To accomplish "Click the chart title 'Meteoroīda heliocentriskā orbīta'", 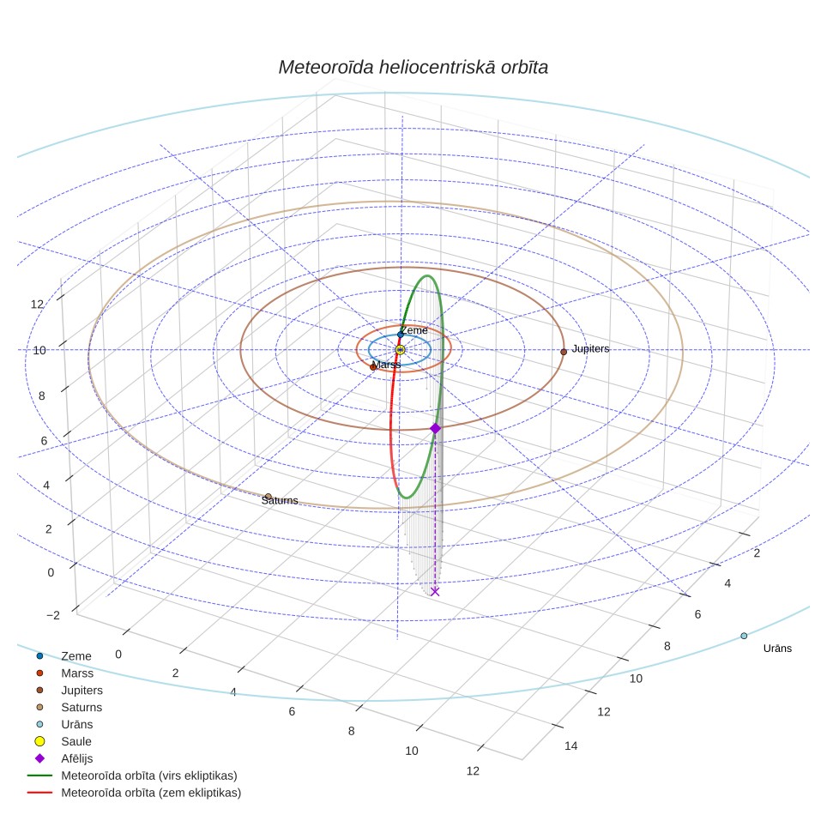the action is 413,68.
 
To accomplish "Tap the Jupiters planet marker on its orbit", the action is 564,352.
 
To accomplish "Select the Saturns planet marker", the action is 268,497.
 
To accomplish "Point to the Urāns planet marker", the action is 744,636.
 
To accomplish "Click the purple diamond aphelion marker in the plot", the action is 435,428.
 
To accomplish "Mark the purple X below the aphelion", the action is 435,591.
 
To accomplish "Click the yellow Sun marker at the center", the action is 401,350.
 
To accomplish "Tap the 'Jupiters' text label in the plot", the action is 590,348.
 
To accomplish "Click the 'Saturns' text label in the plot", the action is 280,500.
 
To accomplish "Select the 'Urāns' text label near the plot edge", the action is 777,649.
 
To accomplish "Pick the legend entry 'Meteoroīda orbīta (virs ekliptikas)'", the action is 132,776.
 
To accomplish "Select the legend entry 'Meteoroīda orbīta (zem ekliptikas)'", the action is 135,793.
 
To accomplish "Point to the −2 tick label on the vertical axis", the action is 53,615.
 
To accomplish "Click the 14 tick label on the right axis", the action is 570,746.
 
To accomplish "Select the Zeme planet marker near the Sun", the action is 401,335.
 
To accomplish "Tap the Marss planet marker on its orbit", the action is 373,366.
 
